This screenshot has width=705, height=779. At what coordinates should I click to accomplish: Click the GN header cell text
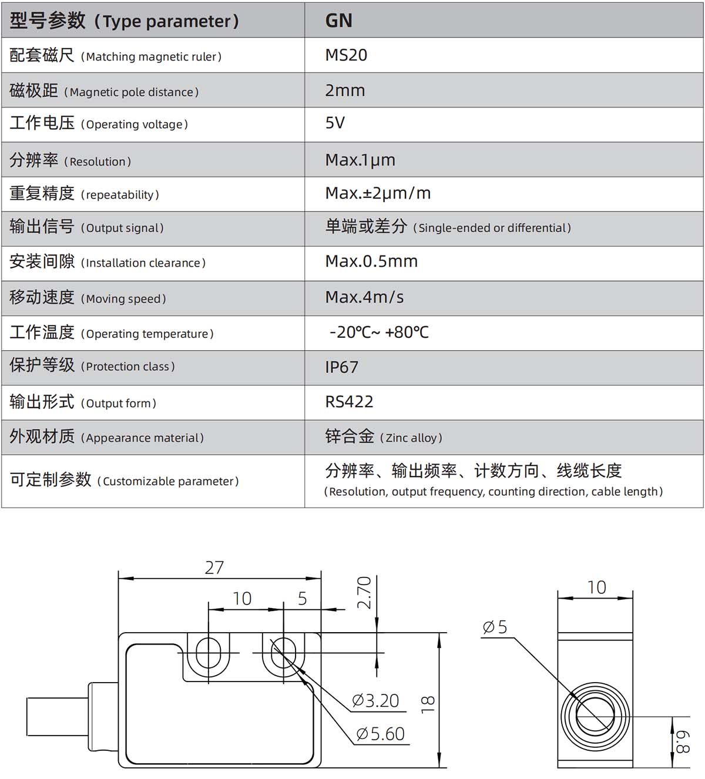tap(339, 21)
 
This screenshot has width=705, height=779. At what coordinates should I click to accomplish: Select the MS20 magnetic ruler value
tap(346, 55)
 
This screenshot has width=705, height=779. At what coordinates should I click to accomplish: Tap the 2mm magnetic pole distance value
tap(345, 90)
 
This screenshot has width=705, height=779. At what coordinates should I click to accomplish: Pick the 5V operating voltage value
tap(335, 123)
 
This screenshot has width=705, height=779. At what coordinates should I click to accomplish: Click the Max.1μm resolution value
tap(360, 160)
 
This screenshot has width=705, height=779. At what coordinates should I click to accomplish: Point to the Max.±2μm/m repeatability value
tap(378, 193)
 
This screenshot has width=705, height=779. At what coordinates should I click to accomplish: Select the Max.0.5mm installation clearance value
tap(371, 261)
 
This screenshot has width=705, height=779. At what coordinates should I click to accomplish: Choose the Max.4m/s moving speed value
tap(364, 297)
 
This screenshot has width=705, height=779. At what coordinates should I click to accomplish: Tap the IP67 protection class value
tap(342, 367)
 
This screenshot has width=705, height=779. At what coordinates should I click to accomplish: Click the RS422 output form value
tap(349, 402)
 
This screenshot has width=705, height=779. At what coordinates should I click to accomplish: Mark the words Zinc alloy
tap(411, 438)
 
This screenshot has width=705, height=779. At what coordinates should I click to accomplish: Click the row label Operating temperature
tap(147, 334)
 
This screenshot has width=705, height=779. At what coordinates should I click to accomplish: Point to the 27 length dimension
tap(214, 568)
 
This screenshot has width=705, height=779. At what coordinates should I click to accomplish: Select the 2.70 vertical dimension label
tap(364, 593)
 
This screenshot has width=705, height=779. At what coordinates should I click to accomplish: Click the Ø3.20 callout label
tap(375, 701)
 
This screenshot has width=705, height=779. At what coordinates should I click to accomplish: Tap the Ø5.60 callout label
tap(380, 734)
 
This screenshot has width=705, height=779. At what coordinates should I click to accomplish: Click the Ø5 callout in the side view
tap(495, 627)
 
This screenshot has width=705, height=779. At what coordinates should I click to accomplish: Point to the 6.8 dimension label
tap(683, 743)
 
